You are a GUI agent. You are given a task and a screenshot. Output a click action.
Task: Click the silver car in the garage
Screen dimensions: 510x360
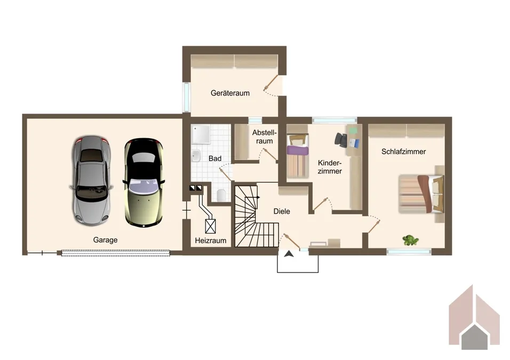click(x=91, y=180)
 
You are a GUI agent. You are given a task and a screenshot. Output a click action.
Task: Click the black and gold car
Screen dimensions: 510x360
click(x=144, y=182)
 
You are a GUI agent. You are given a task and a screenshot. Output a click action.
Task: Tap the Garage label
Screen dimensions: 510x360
click(x=105, y=240)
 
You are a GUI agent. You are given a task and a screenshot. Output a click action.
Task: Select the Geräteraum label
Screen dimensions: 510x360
click(x=230, y=93)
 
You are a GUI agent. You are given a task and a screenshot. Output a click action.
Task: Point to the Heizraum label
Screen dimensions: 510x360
click(x=210, y=241)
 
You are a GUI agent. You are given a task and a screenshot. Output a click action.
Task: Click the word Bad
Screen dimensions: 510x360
click(x=215, y=158)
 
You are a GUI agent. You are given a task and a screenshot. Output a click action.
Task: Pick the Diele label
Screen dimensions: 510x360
click(x=282, y=211)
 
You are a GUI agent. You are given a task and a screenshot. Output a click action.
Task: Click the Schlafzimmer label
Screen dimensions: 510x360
click(x=404, y=151)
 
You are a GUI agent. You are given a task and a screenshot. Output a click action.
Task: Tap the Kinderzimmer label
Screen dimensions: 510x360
click(x=330, y=167)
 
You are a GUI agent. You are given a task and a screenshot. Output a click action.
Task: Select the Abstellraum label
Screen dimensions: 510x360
click(x=264, y=137)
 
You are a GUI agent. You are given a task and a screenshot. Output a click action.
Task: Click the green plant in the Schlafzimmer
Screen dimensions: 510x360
click(x=410, y=241)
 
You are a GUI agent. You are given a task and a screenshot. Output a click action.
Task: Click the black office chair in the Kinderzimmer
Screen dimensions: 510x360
click(x=341, y=140)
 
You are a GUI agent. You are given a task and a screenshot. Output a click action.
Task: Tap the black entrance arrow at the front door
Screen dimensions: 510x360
click(x=289, y=254)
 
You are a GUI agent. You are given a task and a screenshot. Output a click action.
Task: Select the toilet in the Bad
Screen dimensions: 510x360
click(x=221, y=195)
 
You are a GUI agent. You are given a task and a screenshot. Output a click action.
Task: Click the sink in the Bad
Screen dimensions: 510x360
click(x=196, y=156)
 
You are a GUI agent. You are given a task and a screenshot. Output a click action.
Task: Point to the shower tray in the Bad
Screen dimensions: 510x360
click(x=201, y=134)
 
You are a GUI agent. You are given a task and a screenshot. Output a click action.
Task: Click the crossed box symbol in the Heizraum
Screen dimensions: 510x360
click(x=210, y=226)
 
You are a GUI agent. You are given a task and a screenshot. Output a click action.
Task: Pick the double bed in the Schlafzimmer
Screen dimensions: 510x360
click(x=421, y=194)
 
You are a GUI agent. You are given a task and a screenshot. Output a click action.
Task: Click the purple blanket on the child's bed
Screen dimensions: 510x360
click(x=297, y=151)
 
